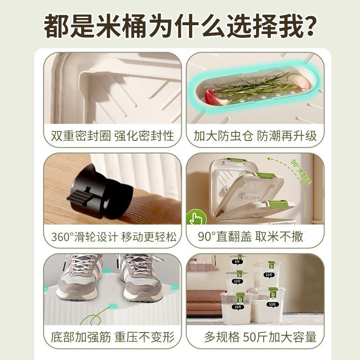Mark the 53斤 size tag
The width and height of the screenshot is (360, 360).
273,304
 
